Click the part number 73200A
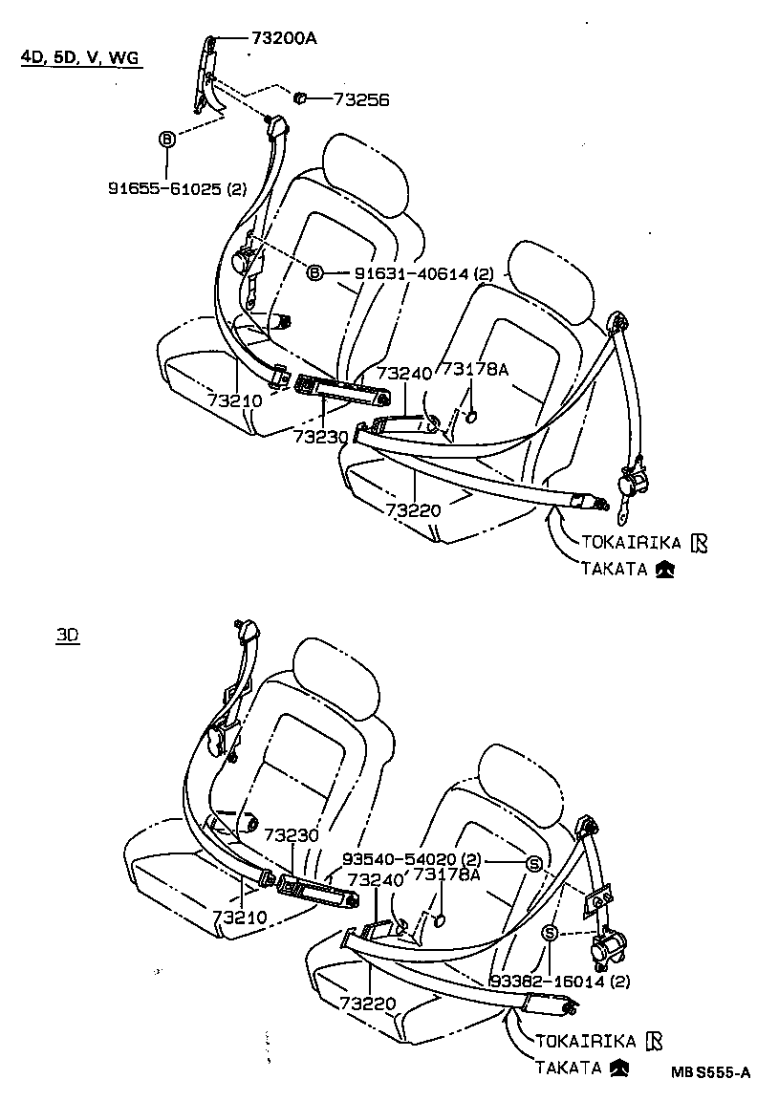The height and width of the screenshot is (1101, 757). [284, 38]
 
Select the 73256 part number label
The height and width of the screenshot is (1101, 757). [362, 98]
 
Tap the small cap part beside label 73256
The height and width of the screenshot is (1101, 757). [298, 97]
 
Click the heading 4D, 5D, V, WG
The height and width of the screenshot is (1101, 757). [80, 58]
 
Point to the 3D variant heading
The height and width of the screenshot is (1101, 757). [67, 636]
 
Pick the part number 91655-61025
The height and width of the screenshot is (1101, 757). [177, 189]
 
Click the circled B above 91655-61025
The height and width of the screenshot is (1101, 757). [166, 140]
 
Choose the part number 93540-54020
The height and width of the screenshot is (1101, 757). [428, 859]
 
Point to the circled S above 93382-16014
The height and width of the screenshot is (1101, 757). [551, 933]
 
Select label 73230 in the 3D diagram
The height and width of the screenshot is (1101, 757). [291, 834]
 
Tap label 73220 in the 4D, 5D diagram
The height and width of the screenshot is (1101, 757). [414, 509]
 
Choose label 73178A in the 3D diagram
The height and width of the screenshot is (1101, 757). [445, 874]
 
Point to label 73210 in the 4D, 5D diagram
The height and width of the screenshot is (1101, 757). [234, 401]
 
